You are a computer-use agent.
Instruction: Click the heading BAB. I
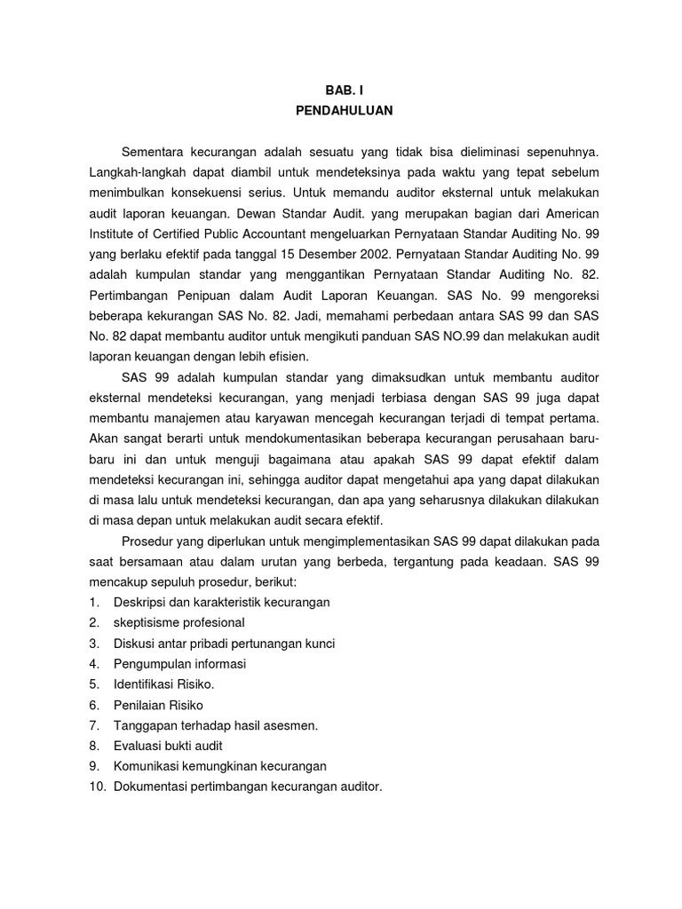(342, 90)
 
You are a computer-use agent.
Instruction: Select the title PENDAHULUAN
(342, 111)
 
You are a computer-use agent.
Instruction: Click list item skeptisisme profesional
(178, 622)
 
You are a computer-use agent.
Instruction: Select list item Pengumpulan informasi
(179, 663)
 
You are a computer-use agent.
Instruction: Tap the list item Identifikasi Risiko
(164, 684)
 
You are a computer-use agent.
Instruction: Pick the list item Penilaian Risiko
(158, 704)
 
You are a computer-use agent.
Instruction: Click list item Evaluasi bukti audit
(168, 745)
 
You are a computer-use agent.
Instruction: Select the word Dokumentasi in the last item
(151, 786)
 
